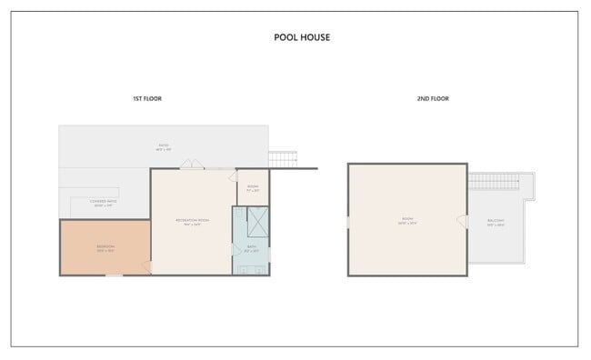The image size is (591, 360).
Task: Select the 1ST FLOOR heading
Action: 147,98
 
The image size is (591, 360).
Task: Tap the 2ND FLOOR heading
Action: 433,98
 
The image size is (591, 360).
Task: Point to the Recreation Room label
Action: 192,222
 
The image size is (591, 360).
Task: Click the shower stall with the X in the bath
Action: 257,221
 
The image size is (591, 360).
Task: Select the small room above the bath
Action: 253,188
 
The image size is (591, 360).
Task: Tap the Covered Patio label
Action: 103,203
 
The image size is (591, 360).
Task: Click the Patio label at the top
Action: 164,146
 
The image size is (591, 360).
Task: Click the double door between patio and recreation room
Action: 191,165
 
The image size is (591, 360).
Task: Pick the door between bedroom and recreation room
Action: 147,265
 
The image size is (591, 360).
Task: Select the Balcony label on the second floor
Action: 496,222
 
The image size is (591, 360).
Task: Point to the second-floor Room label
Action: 406,220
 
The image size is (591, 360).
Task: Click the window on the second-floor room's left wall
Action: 348,221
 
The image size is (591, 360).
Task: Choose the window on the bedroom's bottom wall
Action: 113,275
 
